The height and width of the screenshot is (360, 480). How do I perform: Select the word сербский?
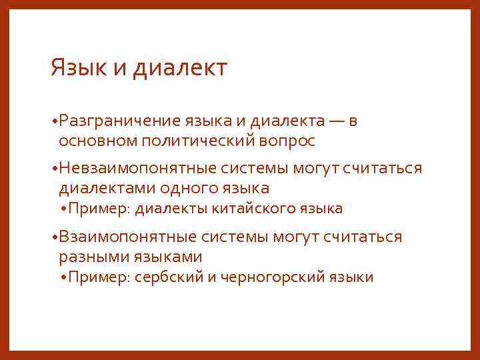tap(168, 277)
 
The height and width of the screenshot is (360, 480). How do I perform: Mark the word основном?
tap(88, 141)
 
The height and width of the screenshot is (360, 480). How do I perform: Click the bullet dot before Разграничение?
tap(54, 121)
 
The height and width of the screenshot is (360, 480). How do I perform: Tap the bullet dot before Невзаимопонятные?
tap(54, 169)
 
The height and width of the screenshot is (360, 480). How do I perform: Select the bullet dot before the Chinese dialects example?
tap(63, 209)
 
